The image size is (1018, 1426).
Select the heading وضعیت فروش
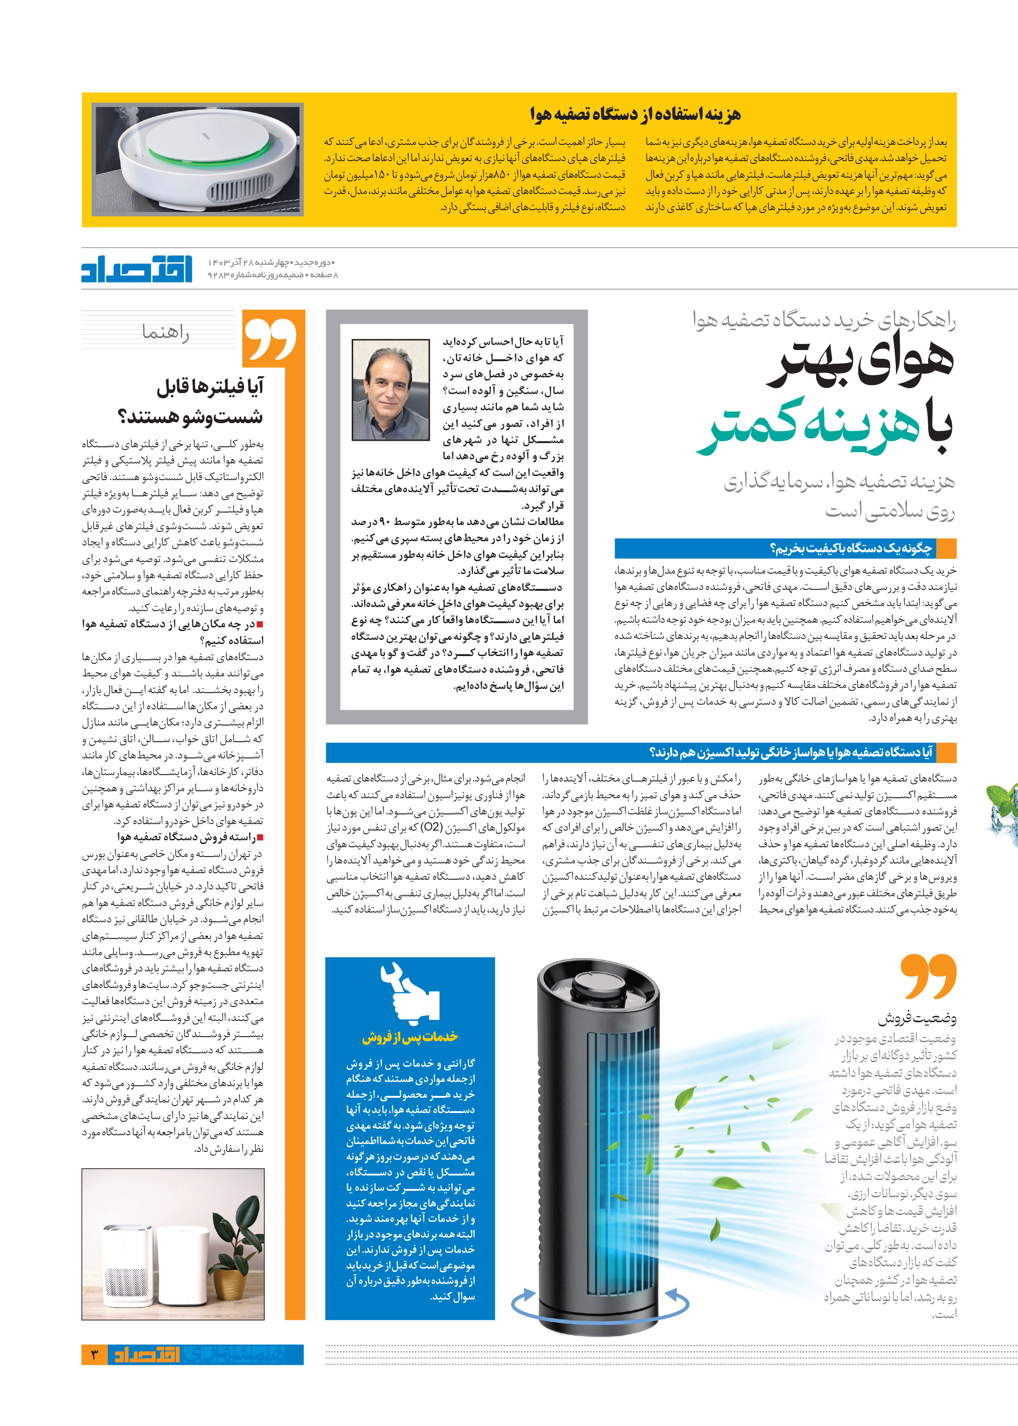[917, 1017]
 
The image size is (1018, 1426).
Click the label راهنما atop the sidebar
[166, 331]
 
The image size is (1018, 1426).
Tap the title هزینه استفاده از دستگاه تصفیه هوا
[634, 114]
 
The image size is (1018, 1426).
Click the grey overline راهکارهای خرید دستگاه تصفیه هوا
[824, 320]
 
